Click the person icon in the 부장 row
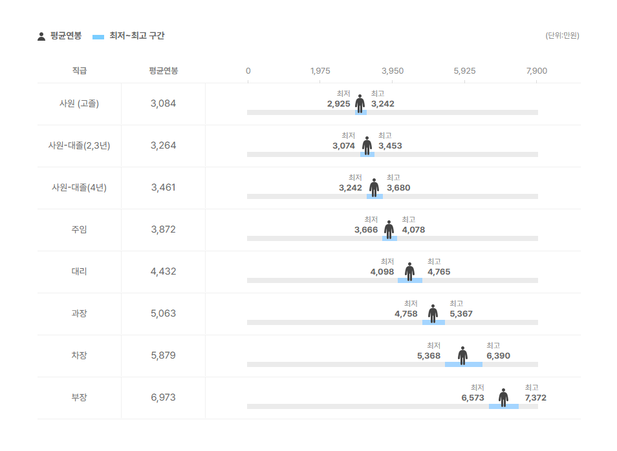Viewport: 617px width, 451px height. point(503,397)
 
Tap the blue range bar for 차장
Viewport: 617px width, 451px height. point(464,364)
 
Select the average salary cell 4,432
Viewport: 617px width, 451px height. point(163,271)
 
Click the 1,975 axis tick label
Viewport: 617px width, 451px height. point(320,71)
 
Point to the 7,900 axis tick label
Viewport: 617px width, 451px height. point(537,71)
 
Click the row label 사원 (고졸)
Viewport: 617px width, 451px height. point(79,103)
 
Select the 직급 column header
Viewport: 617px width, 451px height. point(79,71)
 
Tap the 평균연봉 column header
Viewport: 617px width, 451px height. point(163,71)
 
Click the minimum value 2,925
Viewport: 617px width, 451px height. point(338,104)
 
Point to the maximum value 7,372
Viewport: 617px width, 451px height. point(536,398)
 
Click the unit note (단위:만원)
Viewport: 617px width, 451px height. point(562,36)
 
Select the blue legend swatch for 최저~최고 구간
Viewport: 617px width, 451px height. point(98,37)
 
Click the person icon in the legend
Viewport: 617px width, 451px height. point(41,37)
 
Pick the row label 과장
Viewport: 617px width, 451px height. point(79,313)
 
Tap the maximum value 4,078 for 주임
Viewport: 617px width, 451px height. point(413,230)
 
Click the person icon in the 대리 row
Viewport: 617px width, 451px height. point(409,272)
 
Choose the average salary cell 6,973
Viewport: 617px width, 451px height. point(163,397)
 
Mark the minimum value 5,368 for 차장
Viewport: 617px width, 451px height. point(429,356)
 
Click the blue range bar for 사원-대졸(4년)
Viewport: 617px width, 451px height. point(374,196)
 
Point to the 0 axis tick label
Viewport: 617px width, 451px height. point(248,71)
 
